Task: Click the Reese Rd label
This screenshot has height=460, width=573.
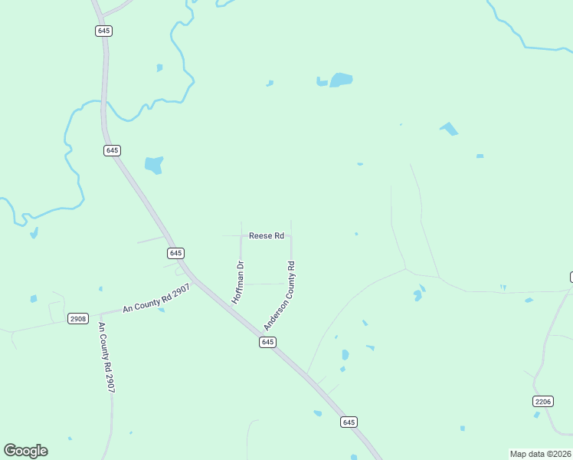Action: click(267, 235)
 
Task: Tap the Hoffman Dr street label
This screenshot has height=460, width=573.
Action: click(238, 281)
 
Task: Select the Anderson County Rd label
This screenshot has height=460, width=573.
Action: click(280, 296)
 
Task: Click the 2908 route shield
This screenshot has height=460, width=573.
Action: click(77, 318)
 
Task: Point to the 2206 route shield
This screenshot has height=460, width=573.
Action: click(542, 402)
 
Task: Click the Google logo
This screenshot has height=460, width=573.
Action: click(25, 450)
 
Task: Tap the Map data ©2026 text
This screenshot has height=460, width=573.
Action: click(541, 454)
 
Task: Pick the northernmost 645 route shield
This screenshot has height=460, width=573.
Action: click(104, 31)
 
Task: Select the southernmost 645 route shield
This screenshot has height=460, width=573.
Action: click(349, 422)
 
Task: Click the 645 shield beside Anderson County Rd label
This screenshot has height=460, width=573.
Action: click(267, 343)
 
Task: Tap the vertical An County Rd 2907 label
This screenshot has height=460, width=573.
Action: click(106, 357)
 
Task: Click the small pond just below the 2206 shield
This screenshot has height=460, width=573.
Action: click(537, 415)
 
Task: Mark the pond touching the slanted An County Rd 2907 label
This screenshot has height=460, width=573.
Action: click(160, 309)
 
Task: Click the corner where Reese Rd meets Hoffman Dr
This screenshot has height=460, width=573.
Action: click(241, 236)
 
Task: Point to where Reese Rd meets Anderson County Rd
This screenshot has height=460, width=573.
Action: click(291, 236)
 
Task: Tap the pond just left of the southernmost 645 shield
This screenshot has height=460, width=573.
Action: click(317, 413)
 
